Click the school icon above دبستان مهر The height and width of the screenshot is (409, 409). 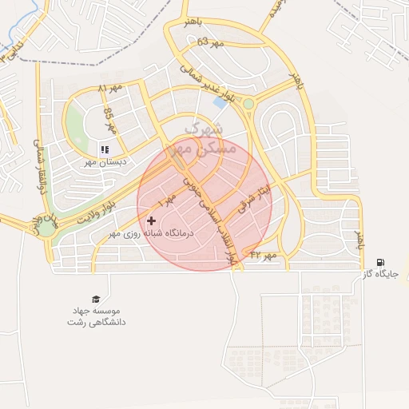[104, 149]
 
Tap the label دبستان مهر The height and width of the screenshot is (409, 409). [103, 161]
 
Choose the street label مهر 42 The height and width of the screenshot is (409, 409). [262, 255]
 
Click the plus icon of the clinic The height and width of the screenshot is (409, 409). [152, 220]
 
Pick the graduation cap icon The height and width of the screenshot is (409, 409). [96, 297]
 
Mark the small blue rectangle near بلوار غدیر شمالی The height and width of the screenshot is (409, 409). [219, 102]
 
